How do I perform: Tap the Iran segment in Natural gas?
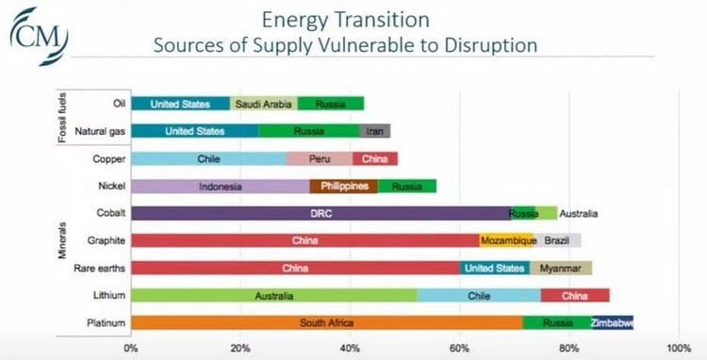pyautogui.click(x=375, y=131)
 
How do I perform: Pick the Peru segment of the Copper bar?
pyautogui.click(x=319, y=159)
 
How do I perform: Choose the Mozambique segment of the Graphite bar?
pyautogui.click(x=506, y=241)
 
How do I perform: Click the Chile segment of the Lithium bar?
pyautogui.click(x=478, y=296)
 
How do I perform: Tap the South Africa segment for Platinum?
pyautogui.click(x=326, y=323)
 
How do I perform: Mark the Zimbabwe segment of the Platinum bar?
pyautogui.click(x=613, y=323)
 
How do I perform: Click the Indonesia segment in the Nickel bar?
pyautogui.click(x=220, y=187)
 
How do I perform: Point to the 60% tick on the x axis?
pyautogui.click(x=459, y=347)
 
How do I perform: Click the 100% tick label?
pyautogui.click(x=678, y=347)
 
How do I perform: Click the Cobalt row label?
pyautogui.click(x=100, y=214)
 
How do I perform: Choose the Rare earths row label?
pyautogui.click(x=94, y=269)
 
